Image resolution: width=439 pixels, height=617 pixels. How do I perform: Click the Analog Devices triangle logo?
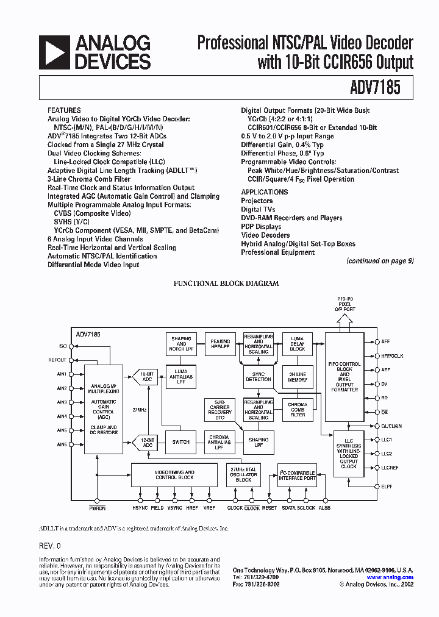click(x=54, y=52)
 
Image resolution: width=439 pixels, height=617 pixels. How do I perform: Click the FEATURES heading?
click(x=64, y=110)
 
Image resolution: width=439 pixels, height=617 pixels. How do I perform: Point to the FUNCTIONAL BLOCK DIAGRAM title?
click(x=226, y=284)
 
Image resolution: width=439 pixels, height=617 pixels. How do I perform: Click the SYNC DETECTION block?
click(x=259, y=376)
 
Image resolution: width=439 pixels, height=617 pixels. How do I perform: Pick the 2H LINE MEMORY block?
click(x=298, y=376)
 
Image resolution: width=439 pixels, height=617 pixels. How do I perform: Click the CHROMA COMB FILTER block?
click(x=298, y=410)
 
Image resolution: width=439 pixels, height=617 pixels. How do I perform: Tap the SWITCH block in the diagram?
click(x=181, y=442)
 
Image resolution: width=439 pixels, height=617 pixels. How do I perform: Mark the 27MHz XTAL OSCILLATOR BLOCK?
click(x=243, y=474)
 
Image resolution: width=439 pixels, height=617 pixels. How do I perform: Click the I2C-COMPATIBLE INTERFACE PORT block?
click(x=297, y=475)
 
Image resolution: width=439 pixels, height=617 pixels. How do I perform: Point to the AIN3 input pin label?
click(x=62, y=402)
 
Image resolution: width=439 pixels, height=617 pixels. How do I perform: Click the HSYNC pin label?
click(x=140, y=508)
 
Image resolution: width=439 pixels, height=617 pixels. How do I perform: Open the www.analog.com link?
click(x=390, y=577)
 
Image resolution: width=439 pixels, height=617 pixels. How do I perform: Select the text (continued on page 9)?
click(x=380, y=261)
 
